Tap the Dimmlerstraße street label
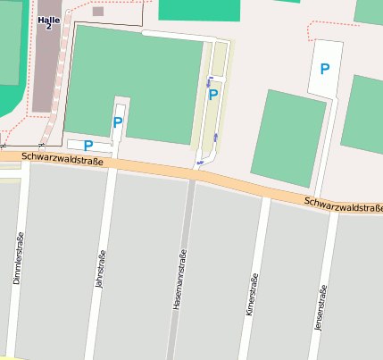(18, 259)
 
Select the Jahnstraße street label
(100, 269)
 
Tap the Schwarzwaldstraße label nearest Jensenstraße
(343, 205)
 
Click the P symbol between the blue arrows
(213, 95)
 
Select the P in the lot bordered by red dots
(325, 69)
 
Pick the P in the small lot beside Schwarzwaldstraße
(88, 145)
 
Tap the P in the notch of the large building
(118, 122)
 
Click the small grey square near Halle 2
(97, 12)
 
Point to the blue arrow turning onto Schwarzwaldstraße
(202, 162)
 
